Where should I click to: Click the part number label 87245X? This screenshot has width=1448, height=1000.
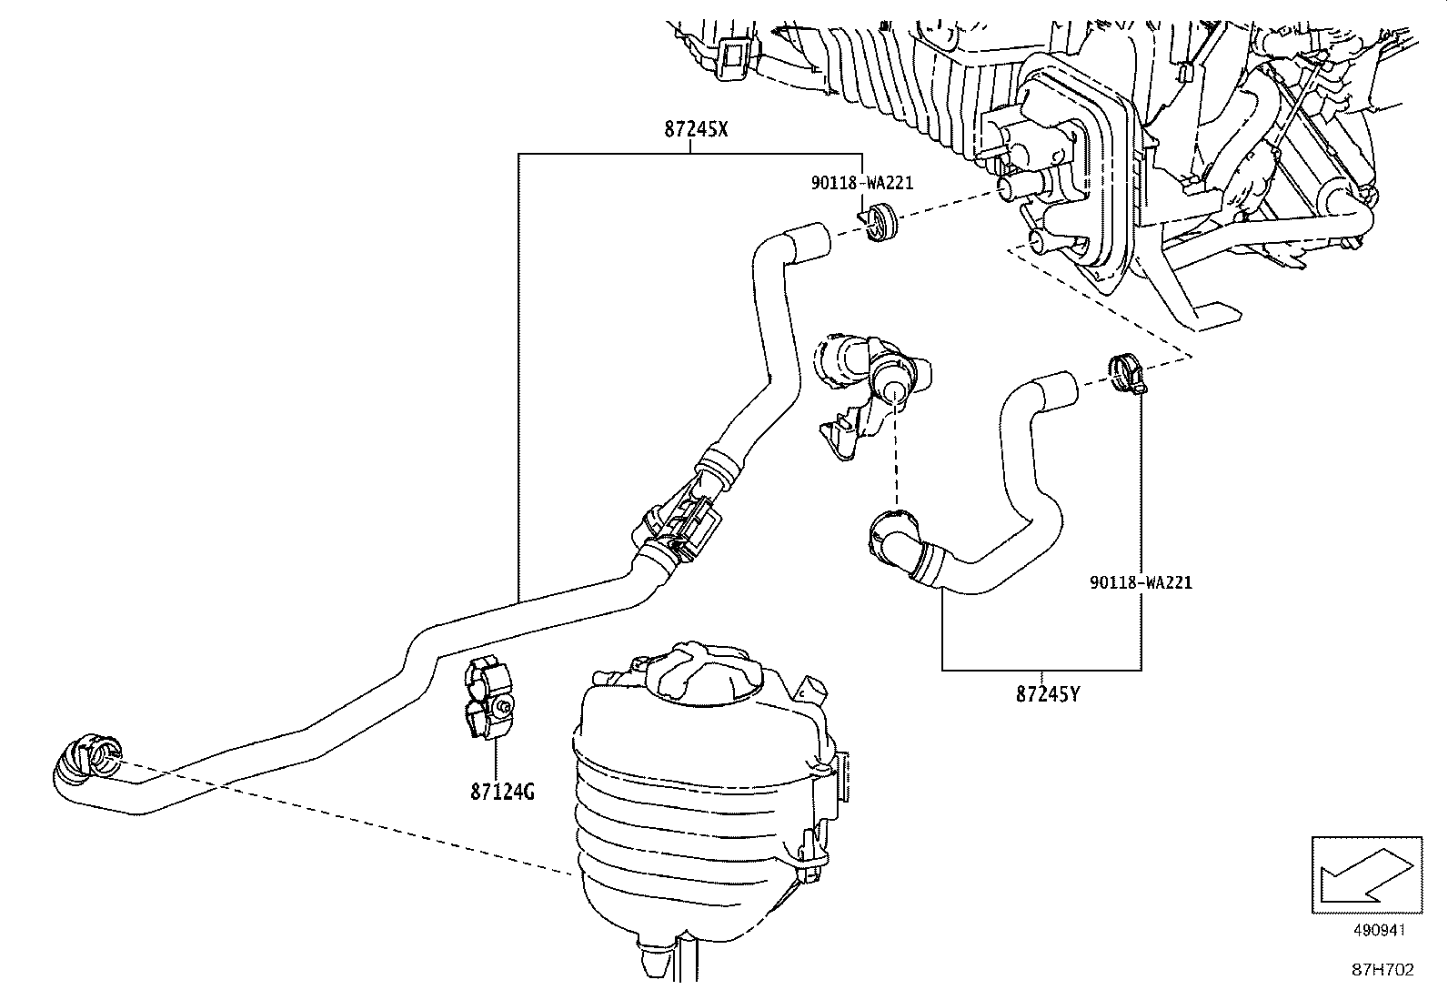[696, 129]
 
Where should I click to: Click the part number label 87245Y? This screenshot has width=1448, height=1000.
[1048, 694]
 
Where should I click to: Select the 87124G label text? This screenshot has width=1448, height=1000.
[502, 792]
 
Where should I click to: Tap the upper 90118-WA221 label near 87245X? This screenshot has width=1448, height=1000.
[861, 183]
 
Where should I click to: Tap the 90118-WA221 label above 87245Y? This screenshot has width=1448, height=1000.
[1140, 582]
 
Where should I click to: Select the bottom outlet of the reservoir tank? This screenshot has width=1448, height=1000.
[655, 955]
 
